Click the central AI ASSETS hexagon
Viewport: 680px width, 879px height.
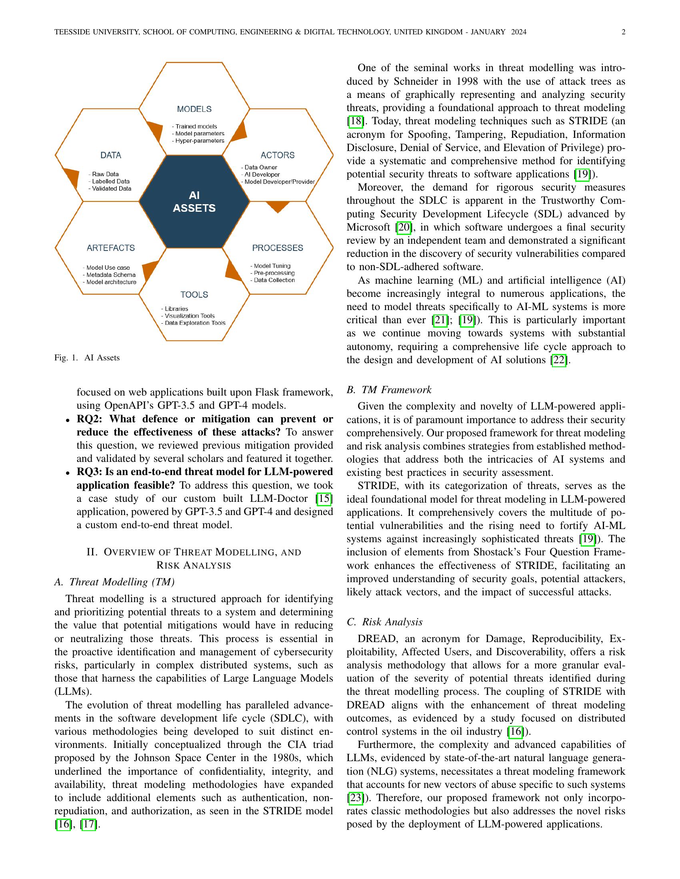point(194,202)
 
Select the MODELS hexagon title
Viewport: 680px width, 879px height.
point(194,109)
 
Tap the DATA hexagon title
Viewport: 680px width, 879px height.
point(111,155)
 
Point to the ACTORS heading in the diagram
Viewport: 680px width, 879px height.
point(278,155)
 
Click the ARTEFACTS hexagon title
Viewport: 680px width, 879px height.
point(111,248)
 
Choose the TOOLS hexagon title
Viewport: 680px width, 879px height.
point(194,294)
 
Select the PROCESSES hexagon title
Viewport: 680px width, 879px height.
point(278,248)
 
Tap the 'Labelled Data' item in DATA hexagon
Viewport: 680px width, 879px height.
point(111,181)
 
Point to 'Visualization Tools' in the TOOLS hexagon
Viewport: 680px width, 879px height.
point(189,316)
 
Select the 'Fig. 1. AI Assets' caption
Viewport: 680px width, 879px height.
point(87,358)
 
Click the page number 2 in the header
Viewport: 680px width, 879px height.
point(623,32)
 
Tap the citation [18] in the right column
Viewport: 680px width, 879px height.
point(355,121)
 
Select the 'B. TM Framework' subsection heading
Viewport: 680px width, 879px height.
point(389,390)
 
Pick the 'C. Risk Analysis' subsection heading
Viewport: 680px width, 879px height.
point(384,622)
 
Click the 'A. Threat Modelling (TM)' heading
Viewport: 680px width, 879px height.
point(114,582)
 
